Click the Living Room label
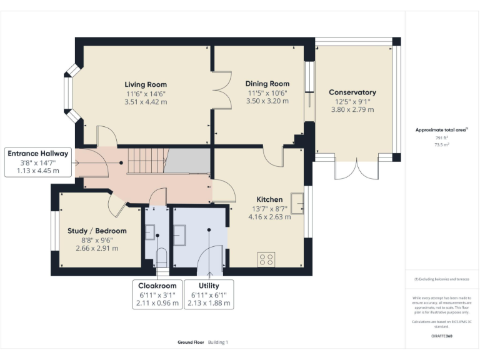tap(146, 84)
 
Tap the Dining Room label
tap(267, 84)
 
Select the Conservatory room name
tap(352, 92)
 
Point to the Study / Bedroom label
tap(97, 231)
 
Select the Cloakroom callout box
tap(157, 294)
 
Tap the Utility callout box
tap(209, 294)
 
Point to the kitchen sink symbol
tap(297, 204)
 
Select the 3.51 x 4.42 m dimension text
tap(146, 101)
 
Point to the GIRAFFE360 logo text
tap(441, 336)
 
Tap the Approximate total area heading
tap(441, 130)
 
